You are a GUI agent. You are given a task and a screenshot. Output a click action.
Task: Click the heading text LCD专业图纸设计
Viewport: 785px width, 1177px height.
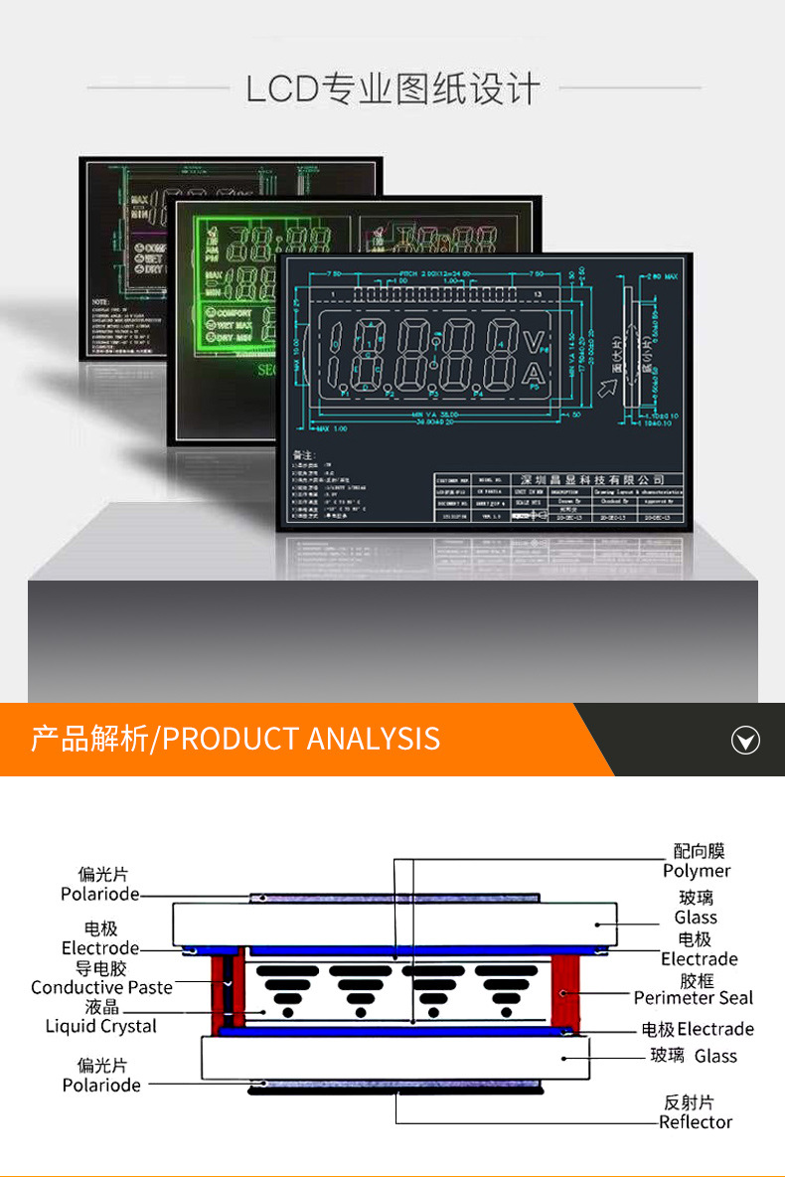click(x=393, y=89)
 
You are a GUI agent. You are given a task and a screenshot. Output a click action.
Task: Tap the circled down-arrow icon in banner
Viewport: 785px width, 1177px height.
click(x=745, y=740)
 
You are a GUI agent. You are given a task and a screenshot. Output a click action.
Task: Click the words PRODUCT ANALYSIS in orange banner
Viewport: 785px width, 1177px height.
click(x=300, y=739)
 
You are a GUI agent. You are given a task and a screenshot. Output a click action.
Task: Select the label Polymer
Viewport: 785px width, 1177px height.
click(x=697, y=871)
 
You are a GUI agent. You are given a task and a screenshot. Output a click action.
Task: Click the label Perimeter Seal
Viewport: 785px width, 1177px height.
click(x=694, y=998)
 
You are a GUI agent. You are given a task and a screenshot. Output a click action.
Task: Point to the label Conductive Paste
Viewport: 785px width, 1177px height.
click(x=101, y=987)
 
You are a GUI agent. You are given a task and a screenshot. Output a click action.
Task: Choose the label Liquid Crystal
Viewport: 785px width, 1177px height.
click(x=101, y=1026)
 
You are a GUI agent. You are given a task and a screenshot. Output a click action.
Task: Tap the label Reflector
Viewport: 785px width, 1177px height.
click(x=696, y=1122)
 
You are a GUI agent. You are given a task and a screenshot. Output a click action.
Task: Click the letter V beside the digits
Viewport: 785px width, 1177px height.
click(x=534, y=344)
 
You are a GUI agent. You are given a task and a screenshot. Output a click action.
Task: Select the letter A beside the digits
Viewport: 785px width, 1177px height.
click(x=534, y=374)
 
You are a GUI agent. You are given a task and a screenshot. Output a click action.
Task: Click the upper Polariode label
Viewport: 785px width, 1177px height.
click(x=100, y=895)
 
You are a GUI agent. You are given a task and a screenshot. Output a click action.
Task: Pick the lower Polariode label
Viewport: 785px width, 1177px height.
click(x=101, y=1086)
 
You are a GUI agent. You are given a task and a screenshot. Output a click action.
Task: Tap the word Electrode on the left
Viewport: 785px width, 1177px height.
click(x=100, y=948)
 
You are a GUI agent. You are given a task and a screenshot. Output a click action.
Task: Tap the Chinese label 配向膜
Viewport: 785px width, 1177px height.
click(x=699, y=851)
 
